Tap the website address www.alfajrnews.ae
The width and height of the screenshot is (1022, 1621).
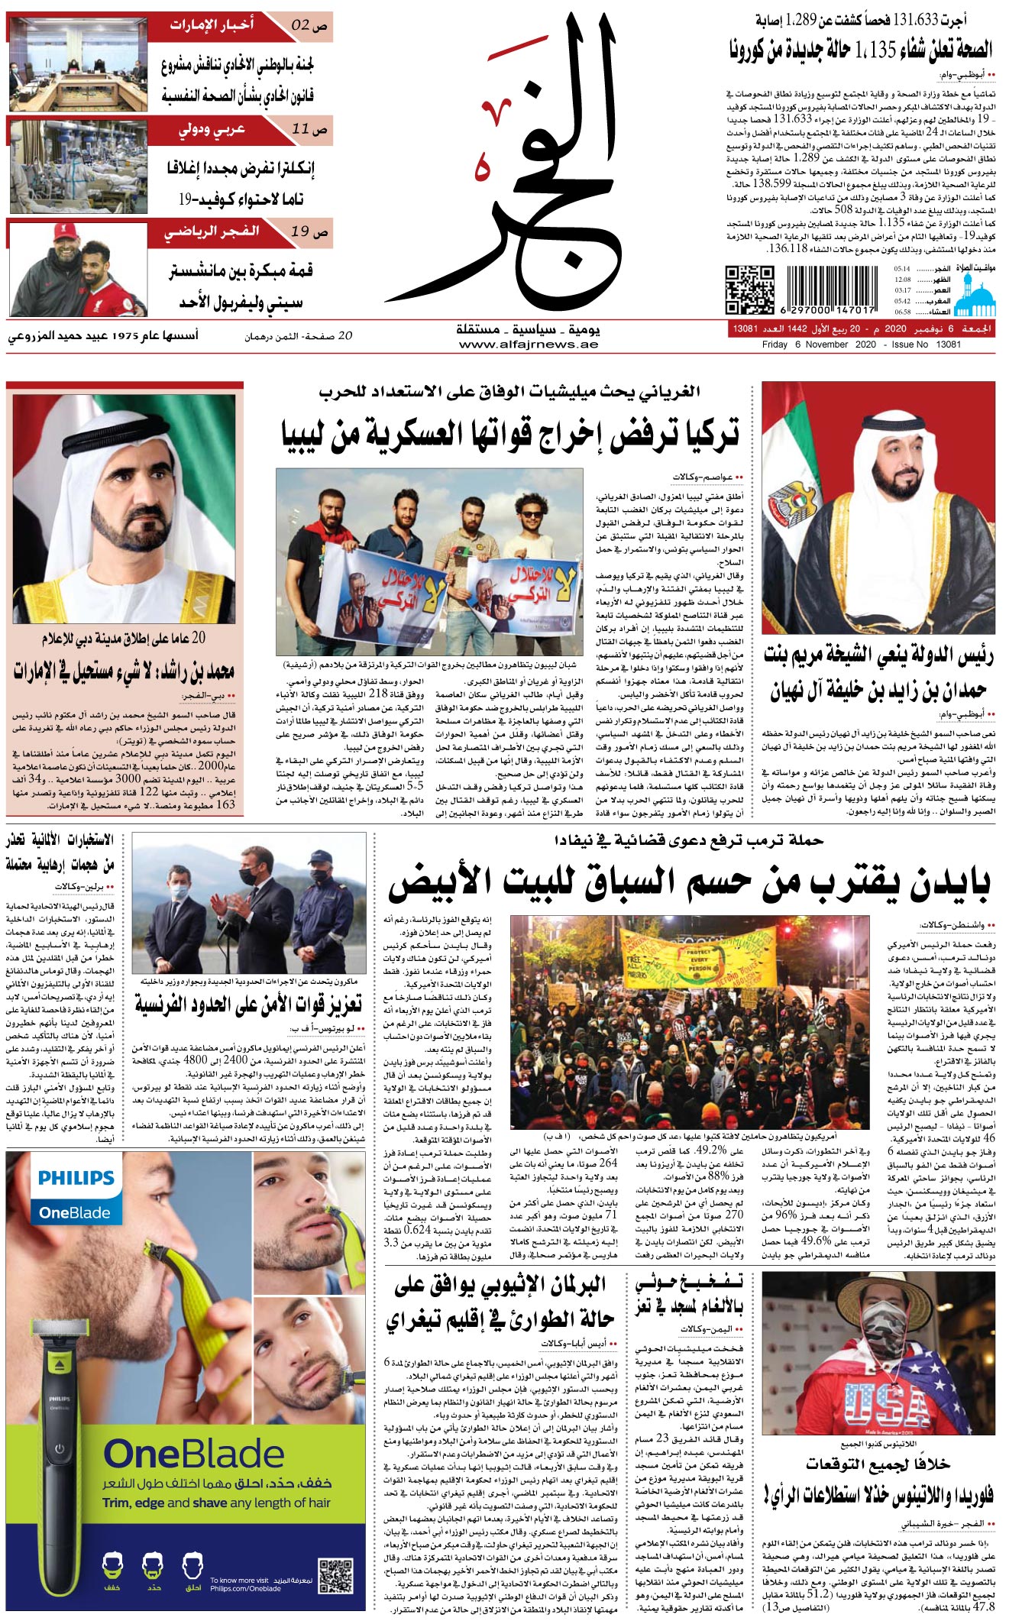pos(529,345)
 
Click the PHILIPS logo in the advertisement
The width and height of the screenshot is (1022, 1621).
pos(76,1177)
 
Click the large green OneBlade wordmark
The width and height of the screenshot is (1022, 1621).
pos(194,1454)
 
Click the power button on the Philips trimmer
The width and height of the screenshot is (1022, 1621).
pos(59,1449)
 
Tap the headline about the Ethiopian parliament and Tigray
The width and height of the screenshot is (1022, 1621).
pos(500,1303)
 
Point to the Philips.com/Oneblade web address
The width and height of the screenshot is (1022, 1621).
pos(245,1589)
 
